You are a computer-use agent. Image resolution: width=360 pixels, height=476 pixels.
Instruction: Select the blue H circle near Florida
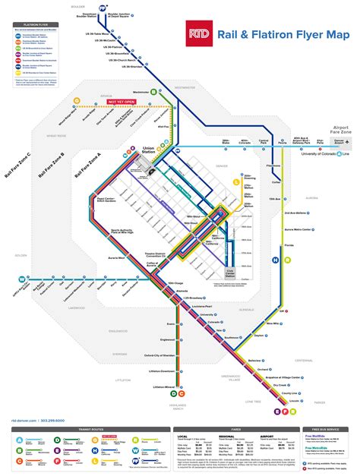point(275,259)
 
